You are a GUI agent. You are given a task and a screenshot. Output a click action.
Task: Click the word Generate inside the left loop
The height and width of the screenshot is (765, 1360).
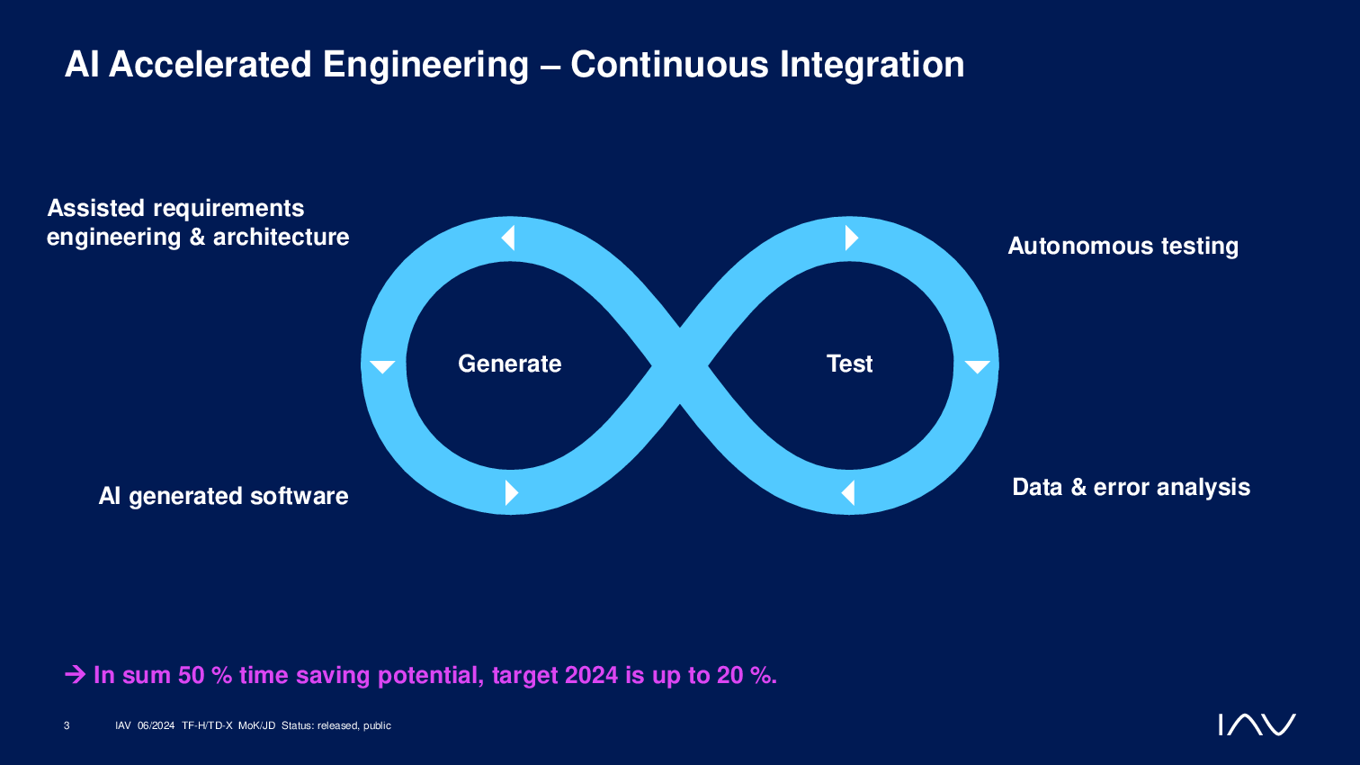click(x=509, y=364)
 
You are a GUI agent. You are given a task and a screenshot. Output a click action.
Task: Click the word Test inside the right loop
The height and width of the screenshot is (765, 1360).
click(x=849, y=364)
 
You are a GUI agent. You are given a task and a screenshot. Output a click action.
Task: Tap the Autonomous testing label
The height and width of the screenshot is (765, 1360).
click(x=1123, y=246)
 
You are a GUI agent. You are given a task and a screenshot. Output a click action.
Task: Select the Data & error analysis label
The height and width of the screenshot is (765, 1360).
click(x=1132, y=487)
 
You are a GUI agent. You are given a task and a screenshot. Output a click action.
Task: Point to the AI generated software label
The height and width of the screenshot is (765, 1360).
click(x=223, y=497)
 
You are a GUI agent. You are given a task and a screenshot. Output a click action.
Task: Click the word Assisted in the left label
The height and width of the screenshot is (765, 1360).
click(x=96, y=208)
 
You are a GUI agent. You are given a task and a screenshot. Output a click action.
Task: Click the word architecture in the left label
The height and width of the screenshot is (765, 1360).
click(x=282, y=237)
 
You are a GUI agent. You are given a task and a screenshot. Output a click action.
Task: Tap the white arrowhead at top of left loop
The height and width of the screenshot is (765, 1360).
click(x=508, y=238)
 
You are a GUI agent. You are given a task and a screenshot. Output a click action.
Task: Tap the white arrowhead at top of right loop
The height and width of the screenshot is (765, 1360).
click(x=851, y=238)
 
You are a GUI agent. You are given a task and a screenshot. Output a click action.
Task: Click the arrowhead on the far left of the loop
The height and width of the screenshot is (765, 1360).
click(x=382, y=366)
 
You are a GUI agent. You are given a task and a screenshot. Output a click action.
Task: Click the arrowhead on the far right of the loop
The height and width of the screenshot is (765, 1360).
click(x=978, y=366)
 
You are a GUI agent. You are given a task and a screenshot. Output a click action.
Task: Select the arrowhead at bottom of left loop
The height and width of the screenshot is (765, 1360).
click(x=511, y=493)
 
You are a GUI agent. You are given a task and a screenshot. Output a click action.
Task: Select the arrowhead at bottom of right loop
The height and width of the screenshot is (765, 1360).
click(x=848, y=493)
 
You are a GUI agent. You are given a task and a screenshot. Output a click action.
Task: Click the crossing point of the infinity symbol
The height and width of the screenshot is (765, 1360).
click(x=680, y=365)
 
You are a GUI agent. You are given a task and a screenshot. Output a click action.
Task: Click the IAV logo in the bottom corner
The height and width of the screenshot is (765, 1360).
click(x=1257, y=724)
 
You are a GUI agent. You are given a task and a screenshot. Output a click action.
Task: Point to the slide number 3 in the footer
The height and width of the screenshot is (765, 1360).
click(x=67, y=725)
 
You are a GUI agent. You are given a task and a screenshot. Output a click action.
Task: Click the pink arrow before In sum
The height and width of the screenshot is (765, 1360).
click(x=76, y=674)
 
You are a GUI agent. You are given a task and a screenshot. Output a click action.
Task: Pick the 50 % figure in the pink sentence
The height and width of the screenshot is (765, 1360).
click(x=205, y=675)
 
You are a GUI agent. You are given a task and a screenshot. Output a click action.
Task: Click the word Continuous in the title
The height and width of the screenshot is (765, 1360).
click(x=669, y=65)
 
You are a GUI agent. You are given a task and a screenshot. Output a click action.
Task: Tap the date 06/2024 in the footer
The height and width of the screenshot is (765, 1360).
click(x=156, y=725)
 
